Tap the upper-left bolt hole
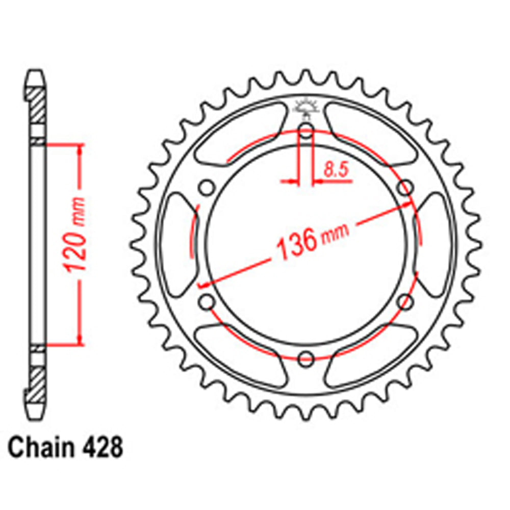click(x=207, y=187)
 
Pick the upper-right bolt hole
click(x=405, y=187)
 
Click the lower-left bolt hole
click(x=207, y=301)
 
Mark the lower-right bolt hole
click(x=405, y=301)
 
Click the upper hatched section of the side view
click(x=36, y=105)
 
